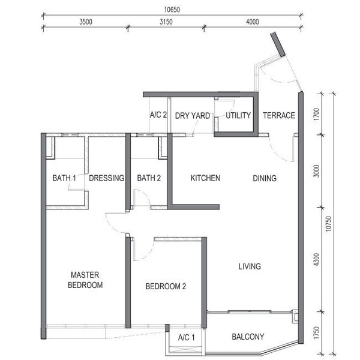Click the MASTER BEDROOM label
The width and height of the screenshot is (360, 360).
pyautogui.click(x=85, y=280)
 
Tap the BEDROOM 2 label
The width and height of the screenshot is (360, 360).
pyautogui.click(x=166, y=286)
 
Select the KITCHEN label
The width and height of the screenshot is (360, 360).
pyautogui.click(x=205, y=178)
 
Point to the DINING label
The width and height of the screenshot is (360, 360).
pyautogui.click(x=265, y=178)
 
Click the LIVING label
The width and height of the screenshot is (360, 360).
pyautogui.click(x=250, y=266)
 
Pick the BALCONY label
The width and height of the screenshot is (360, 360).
pyautogui.click(x=248, y=337)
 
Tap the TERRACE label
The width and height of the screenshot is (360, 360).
pyautogui.click(x=279, y=115)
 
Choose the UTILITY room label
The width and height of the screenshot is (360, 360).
pyautogui.click(x=238, y=115)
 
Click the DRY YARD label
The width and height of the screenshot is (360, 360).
pyautogui.click(x=193, y=116)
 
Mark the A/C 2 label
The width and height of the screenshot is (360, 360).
pyautogui.click(x=158, y=115)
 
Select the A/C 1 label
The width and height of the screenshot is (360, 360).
pyautogui.click(x=186, y=337)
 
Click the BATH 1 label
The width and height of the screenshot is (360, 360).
pyautogui.click(x=64, y=178)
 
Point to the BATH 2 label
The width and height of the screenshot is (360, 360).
pyautogui.click(x=149, y=178)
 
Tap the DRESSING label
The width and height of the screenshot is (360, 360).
pyautogui.click(x=107, y=178)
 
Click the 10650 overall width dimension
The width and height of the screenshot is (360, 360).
pyautogui.click(x=172, y=10)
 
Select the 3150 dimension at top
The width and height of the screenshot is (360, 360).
pyautogui.click(x=166, y=22)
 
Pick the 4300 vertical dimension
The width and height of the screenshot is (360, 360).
pyautogui.click(x=316, y=259)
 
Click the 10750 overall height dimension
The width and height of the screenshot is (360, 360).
pyautogui.click(x=329, y=224)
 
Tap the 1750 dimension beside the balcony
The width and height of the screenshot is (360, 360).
pyautogui.click(x=316, y=332)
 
